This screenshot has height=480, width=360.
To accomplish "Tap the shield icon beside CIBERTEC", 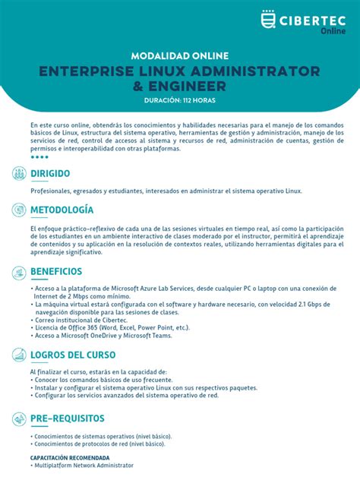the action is [x=268, y=19].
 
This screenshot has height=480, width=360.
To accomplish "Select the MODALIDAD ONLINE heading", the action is [x=179, y=56].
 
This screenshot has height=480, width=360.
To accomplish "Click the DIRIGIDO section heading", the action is [x=55, y=174].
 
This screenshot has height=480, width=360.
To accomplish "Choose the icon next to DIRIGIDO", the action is [x=19, y=173].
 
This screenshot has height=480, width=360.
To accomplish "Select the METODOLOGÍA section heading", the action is [x=62, y=210].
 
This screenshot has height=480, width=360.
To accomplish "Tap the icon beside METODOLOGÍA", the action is [x=19, y=210].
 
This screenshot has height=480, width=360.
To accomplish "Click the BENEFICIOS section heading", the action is [x=56, y=271].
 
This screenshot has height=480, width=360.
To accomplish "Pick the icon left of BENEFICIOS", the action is [x=19, y=272].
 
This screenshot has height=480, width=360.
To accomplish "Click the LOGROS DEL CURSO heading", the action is [x=73, y=355].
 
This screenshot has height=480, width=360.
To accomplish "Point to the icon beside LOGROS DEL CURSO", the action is [x=19, y=355].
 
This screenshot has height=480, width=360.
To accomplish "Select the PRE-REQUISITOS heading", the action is [x=68, y=418].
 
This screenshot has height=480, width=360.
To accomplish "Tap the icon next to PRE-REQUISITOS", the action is [x=19, y=418].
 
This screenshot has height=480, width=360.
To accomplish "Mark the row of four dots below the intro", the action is [x=39, y=157].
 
